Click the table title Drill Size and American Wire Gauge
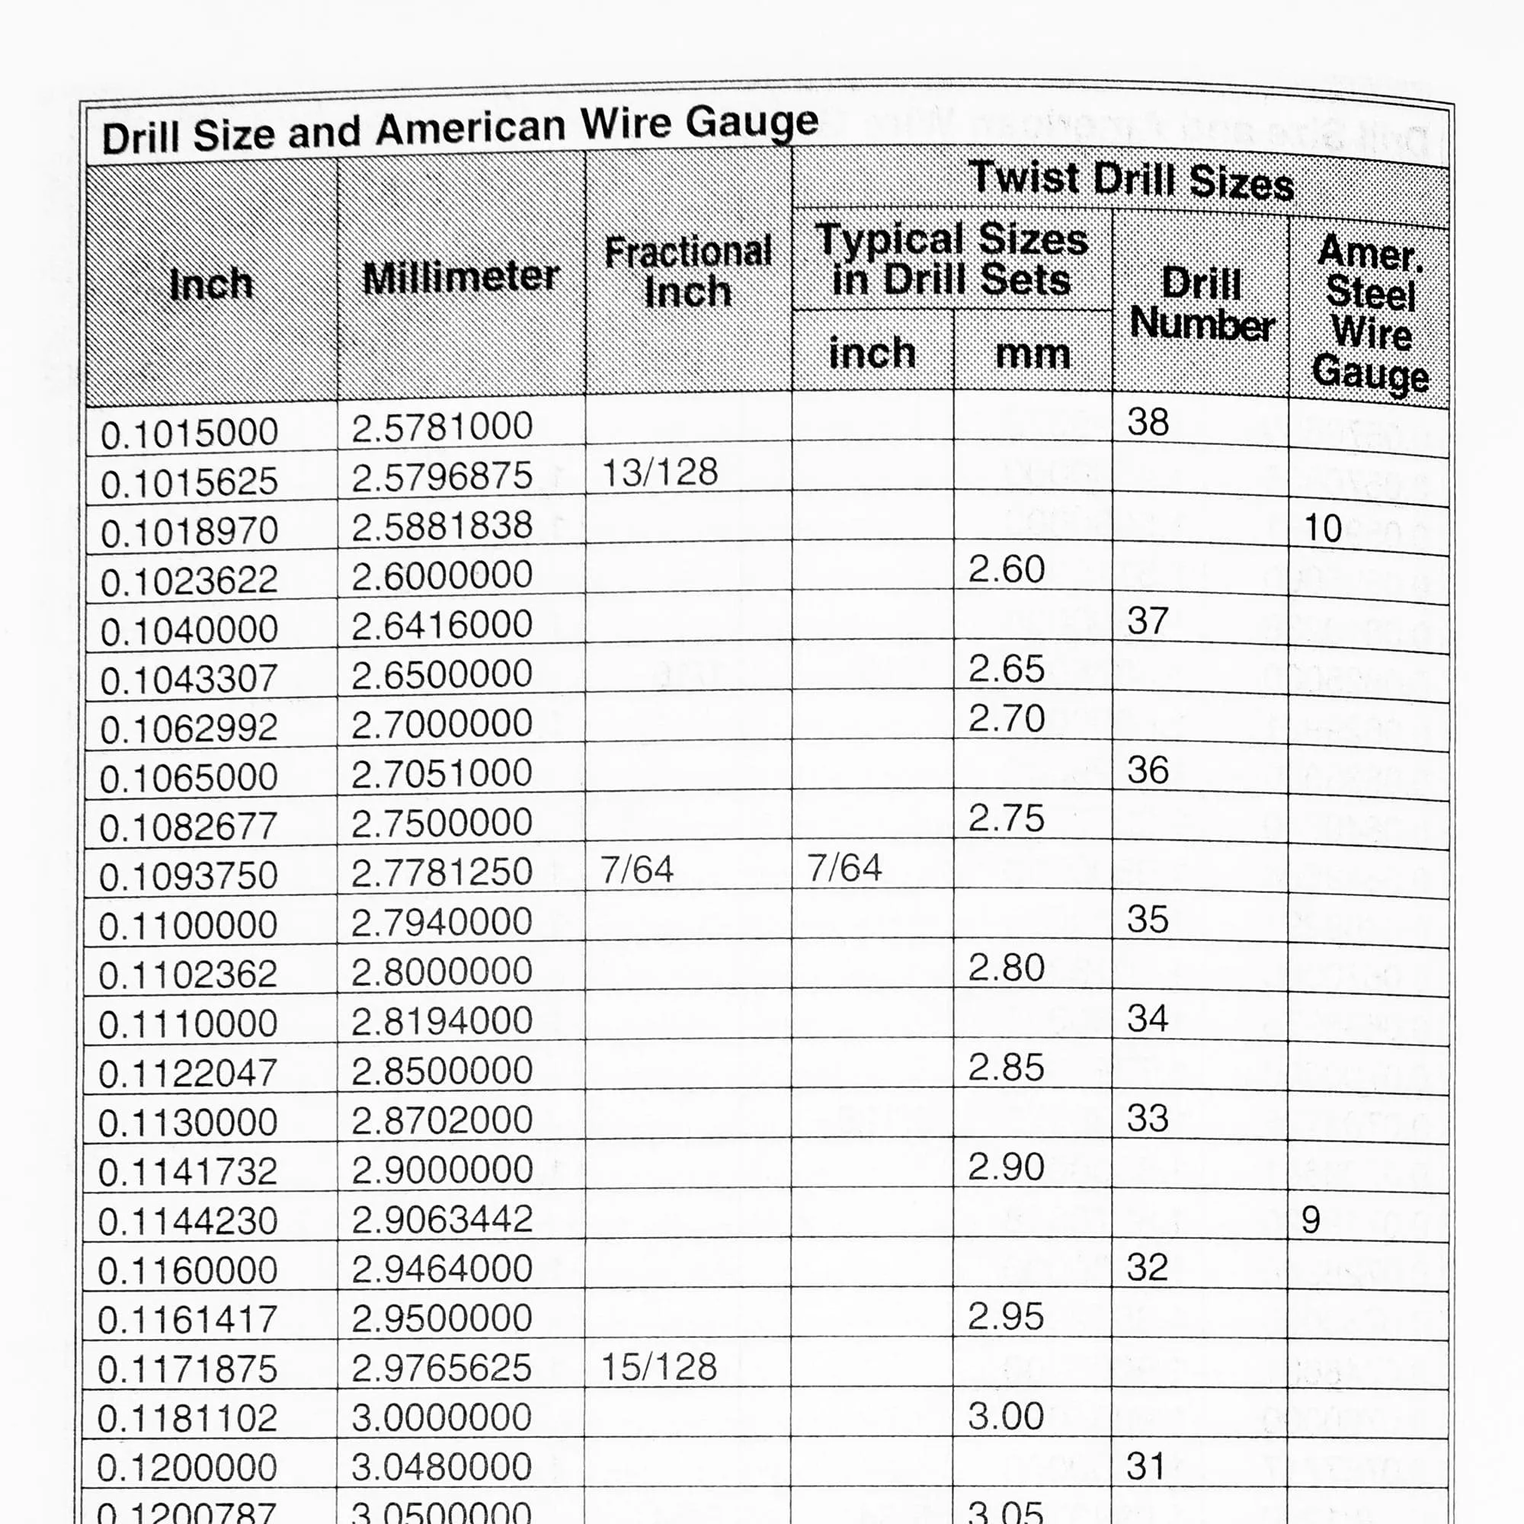pyautogui.click(x=460, y=132)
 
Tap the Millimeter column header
pyautogui.click(x=461, y=277)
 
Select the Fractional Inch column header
pyautogui.click(x=688, y=272)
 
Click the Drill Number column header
pyautogui.click(x=1202, y=304)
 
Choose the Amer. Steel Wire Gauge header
pyautogui.click(x=1371, y=312)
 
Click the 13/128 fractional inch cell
pyautogui.click(x=659, y=472)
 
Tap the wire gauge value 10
pyautogui.click(x=1323, y=529)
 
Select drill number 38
pyautogui.click(x=1148, y=422)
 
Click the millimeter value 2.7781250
pyautogui.click(x=442, y=872)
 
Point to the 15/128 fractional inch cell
pyautogui.click(x=658, y=1367)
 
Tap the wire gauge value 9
pyautogui.click(x=1310, y=1220)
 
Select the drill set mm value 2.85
pyautogui.click(x=1006, y=1068)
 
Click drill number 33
pyautogui.click(x=1147, y=1119)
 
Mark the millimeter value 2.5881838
pyautogui.click(x=442, y=526)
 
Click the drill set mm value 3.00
pyautogui.click(x=1006, y=1416)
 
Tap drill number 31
pyautogui.click(x=1146, y=1466)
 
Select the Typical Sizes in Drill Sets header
pyautogui.click(x=951, y=260)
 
